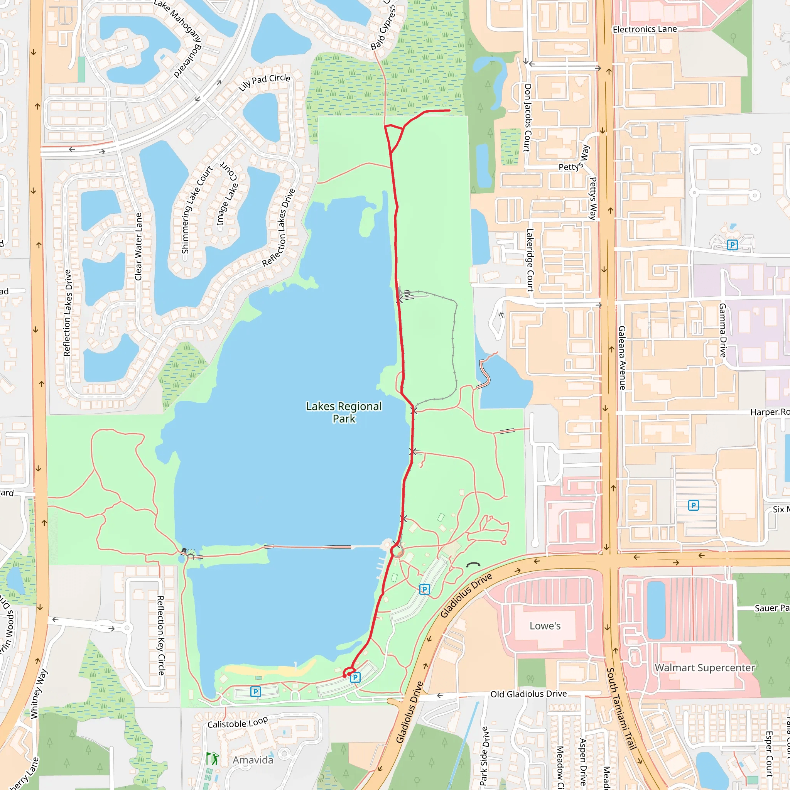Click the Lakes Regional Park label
(x=344, y=412)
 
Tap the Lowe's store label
(x=545, y=626)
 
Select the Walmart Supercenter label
(x=704, y=668)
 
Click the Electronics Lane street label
(x=645, y=29)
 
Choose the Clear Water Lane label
(x=138, y=246)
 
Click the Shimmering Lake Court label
(x=197, y=209)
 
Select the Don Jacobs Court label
(x=527, y=118)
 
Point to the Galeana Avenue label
(x=622, y=358)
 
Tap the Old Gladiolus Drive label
(x=528, y=694)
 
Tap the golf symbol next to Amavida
(x=212, y=759)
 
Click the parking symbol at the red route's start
(x=355, y=677)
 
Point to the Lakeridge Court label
(x=530, y=260)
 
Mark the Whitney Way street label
(x=39, y=694)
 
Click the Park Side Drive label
(x=484, y=756)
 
